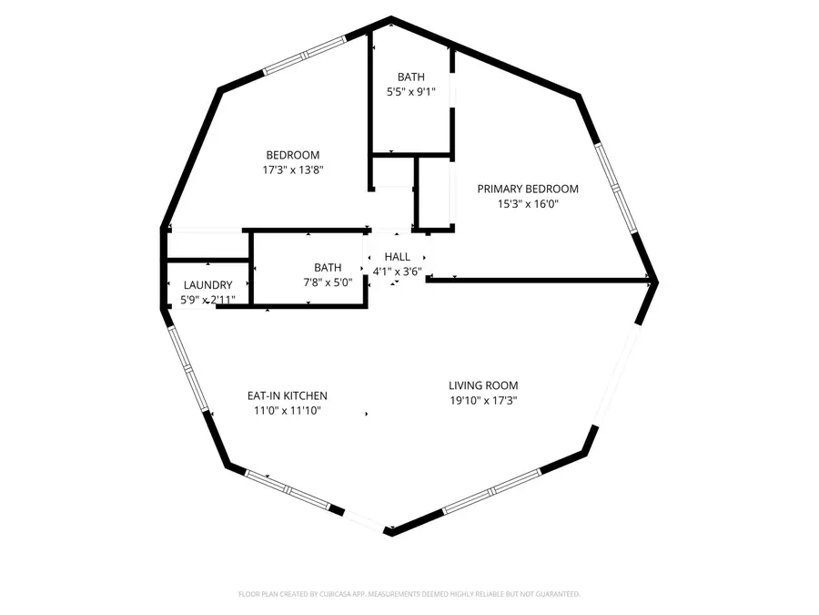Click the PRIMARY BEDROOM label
click(528, 189)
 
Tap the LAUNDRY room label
click(207, 285)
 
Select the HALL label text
click(398, 258)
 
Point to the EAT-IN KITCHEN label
click(288, 396)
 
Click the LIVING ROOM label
click(483, 385)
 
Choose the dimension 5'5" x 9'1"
click(409, 92)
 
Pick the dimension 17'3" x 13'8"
click(292, 169)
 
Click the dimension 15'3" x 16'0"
click(528, 204)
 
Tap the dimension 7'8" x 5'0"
click(328, 282)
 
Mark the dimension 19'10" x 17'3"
click(483, 400)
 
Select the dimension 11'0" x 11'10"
click(288, 411)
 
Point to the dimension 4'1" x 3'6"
click(398, 271)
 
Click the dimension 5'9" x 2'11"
click(207, 300)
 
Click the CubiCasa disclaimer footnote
click(409, 594)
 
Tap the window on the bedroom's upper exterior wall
click(306, 56)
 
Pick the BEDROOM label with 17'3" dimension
click(292, 155)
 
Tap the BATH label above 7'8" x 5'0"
click(328, 268)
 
